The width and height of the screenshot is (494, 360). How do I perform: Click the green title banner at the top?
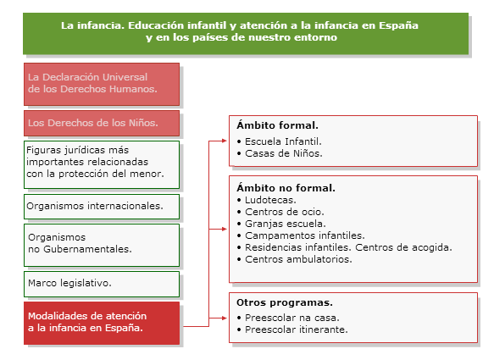[246, 33]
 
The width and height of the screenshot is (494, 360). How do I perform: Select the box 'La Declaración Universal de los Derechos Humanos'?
[102, 84]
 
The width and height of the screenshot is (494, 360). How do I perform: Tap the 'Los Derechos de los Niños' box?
[102, 123]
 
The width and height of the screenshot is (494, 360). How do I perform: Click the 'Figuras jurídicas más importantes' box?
[102, 164]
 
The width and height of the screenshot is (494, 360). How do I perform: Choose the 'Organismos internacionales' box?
[102, 207]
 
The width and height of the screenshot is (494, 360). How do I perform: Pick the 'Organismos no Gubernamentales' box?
[102, 246]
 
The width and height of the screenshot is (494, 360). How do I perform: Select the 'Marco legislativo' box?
[102, 284]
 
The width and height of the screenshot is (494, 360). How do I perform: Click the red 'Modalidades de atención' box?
[102, 323]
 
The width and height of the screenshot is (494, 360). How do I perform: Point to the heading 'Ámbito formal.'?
[277, 125]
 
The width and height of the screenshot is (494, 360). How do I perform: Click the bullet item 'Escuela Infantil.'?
[280, 141]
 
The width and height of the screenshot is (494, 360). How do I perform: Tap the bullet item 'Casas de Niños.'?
[280, 153]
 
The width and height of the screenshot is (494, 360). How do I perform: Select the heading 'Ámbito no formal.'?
[286, 188]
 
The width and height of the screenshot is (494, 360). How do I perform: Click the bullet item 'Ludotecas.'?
[267, 200]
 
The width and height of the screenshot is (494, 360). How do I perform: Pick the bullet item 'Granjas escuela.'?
[281, 224]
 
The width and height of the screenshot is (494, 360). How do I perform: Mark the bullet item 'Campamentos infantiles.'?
[301, 235]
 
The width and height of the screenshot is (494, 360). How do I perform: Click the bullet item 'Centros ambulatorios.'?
[295, 259]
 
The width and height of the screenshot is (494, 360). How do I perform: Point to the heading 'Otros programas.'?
[285, 302]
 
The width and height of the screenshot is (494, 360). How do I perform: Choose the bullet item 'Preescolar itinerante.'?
[292, 330]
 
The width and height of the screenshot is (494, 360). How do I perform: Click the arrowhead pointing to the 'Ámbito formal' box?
[225, 141]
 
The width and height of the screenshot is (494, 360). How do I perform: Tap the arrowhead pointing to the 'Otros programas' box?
[225, 318]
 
